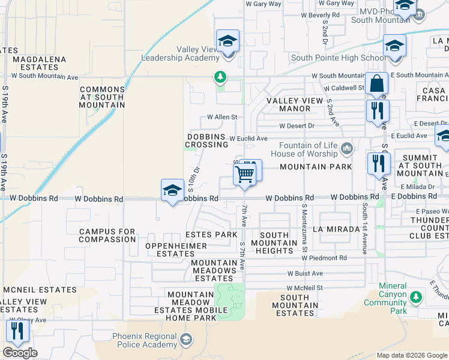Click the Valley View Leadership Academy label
(x=179, y=54)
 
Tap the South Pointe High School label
(x=338, y=58)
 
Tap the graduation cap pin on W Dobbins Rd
(x=172, y=191)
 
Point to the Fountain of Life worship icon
(x=347, y=148)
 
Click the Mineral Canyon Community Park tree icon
(x=415, y=297)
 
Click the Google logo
(x=20, y=353)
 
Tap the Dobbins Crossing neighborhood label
(x=207, y=141)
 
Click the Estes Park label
(x=211, y=235)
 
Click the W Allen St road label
(x=222, y=117)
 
